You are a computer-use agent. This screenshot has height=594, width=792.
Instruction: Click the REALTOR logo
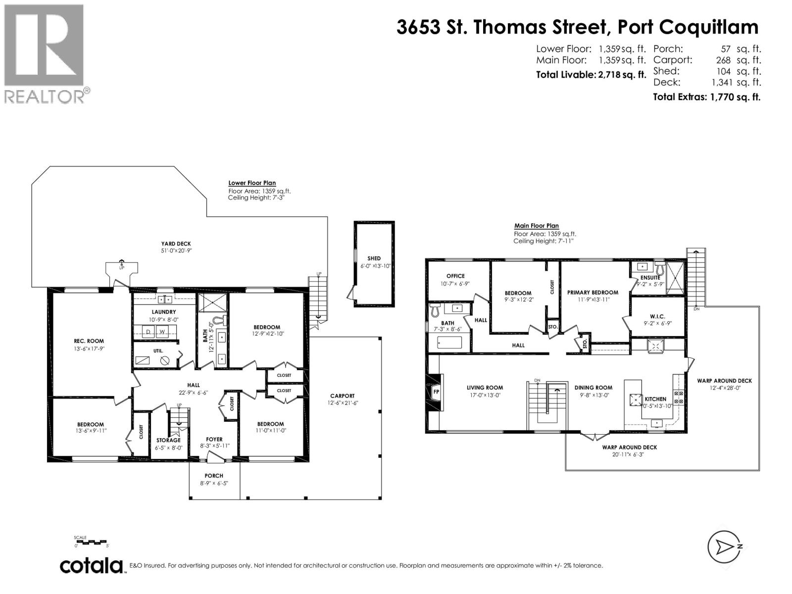(x=44, y=53)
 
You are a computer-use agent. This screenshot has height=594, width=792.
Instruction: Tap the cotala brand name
(x=92, y=565)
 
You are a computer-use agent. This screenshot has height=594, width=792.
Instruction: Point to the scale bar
(x=91, y=542)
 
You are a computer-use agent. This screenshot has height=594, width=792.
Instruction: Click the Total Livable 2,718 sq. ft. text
(x=591, y=75)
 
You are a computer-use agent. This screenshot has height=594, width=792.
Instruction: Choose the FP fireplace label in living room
(x=436, y=391)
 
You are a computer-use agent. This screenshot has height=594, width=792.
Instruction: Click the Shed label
(x=374, y=258)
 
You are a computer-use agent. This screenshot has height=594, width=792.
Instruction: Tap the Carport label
(x=343, y=396)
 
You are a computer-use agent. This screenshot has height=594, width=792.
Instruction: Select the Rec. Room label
(x=89, y=341)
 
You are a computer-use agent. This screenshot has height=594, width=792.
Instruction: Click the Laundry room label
(x=164, y=312)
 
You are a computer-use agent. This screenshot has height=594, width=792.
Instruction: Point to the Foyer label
(x=214, y=439)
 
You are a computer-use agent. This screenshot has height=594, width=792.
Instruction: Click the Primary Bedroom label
(x=593, y=293)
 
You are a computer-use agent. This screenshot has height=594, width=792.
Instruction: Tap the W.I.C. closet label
(x=657, y=316)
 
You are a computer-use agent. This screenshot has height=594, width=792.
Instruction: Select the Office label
(x=455, y=276)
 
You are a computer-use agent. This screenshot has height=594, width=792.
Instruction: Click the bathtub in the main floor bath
(x=449, y=343)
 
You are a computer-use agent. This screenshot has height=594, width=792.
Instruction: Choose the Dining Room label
(x=593, y=388)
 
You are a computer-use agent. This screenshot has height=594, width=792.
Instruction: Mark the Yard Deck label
(x=176, y=244)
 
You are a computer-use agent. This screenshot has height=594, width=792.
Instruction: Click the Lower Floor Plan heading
(x=252, y=183)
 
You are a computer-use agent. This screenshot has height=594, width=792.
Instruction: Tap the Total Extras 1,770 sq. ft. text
(x=706, y=97)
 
